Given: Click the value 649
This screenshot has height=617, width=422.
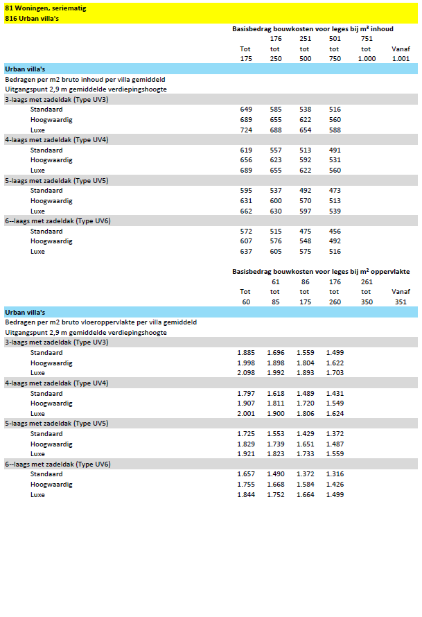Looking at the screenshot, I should pyautogui.click(x=246, y=110).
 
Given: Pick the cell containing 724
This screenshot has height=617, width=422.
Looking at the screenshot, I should pyautogui.click(x=246, y=130).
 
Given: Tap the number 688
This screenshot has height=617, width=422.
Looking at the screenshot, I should pyautogui.click(x=276, y=130).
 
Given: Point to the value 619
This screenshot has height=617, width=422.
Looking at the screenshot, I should pyautogui.click(x=246, y=150).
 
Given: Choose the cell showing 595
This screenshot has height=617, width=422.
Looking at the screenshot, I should pyautogui.click(x=246, y=191).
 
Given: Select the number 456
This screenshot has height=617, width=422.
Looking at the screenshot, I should pyautogui.click(x=335, y=232).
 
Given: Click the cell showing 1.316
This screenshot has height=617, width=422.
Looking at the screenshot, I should pyautogui.click(x=334, y=475).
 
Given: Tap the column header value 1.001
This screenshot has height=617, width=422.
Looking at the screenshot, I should pyautogui.click(x=401, y=59).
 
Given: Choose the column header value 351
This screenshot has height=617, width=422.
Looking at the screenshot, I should pyautogui.click(x=401, y=302).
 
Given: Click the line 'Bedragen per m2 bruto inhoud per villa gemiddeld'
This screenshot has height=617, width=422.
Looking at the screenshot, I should pyautogui.click(x=85, y=79).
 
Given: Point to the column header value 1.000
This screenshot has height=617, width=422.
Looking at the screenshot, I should pyautogui.click(x=367, y=59).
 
